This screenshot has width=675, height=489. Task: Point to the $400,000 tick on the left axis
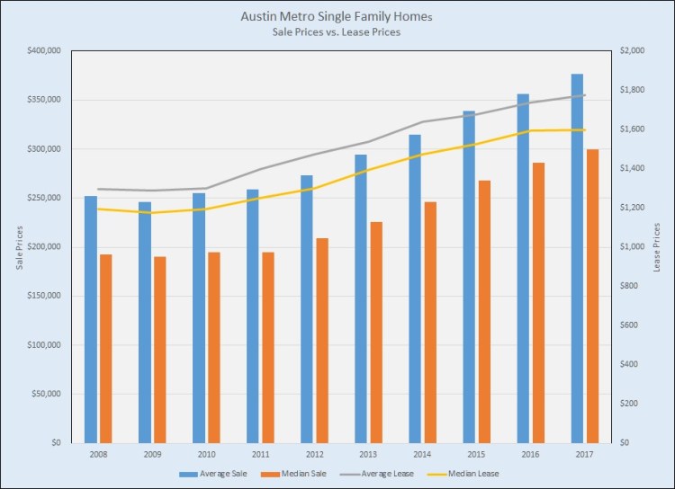click(44, 51)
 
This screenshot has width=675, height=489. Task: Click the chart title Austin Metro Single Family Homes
click(337, 16)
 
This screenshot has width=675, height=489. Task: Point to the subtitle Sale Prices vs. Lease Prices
click(337, 32)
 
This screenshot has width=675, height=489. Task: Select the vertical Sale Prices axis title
click(19, 247)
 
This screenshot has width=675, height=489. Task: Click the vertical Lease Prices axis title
click(658, 247)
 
